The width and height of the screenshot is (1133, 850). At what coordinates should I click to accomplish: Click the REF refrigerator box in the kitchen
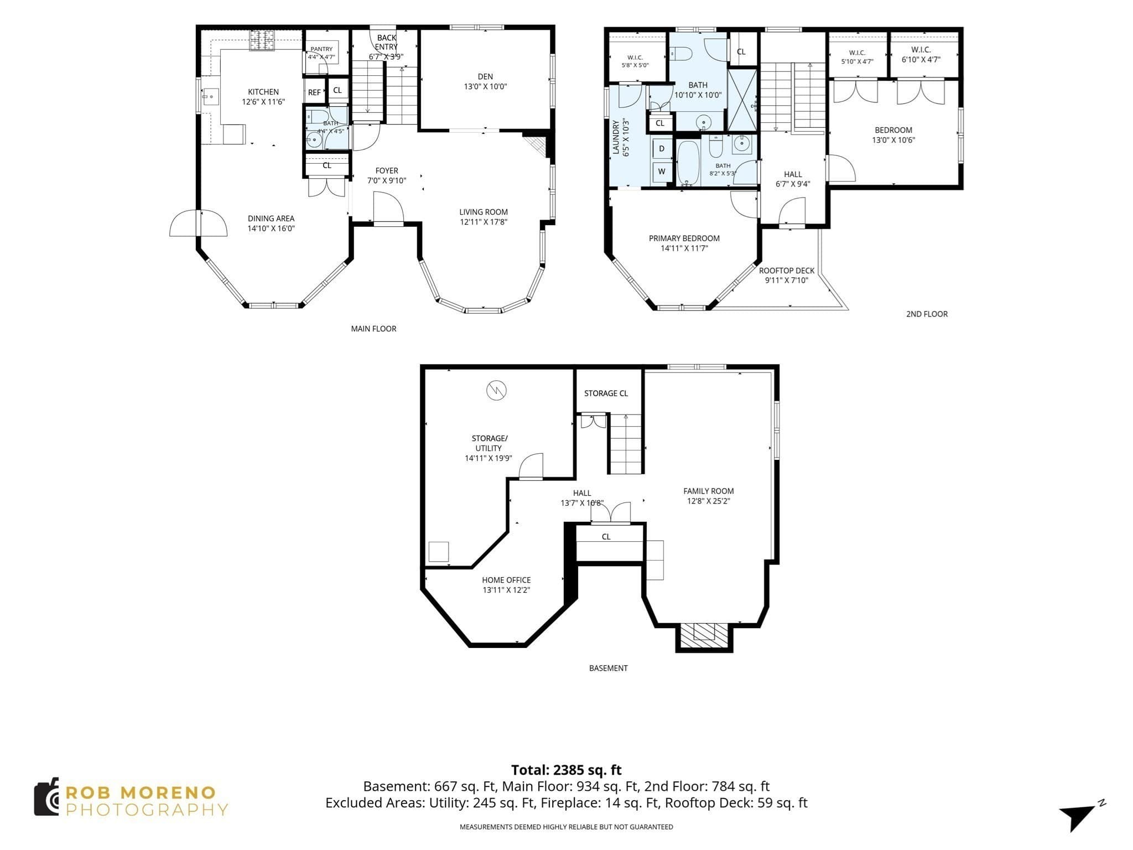314,92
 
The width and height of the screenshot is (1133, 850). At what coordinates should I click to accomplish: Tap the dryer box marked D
662,148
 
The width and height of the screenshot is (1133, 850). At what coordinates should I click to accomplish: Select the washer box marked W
662,172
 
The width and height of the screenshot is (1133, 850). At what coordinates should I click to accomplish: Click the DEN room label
485,76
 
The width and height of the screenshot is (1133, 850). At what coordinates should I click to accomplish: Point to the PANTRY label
321,49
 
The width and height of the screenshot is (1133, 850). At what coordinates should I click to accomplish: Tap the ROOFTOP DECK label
787,271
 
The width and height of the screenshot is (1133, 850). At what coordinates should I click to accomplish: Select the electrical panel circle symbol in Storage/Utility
496,390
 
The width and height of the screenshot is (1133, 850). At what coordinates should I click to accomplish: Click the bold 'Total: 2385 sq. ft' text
566,770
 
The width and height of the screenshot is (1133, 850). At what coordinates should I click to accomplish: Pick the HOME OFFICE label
506,580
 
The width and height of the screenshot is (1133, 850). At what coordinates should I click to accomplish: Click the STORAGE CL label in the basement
606,393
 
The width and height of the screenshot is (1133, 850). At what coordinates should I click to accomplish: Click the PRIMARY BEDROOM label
684,239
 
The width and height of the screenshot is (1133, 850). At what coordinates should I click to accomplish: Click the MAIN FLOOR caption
373,329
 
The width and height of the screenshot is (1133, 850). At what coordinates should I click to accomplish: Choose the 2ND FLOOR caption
927,314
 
